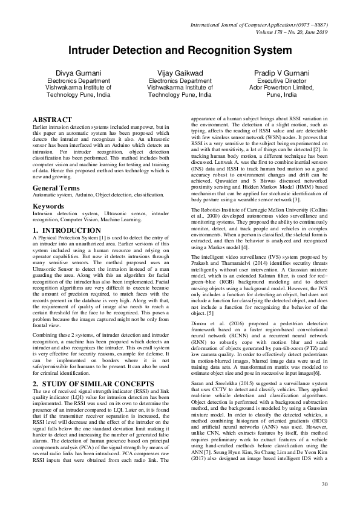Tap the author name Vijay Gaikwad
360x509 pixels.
click(180, 73)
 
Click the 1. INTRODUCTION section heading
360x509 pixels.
click(67, 231)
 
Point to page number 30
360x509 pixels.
click(324, 484)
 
